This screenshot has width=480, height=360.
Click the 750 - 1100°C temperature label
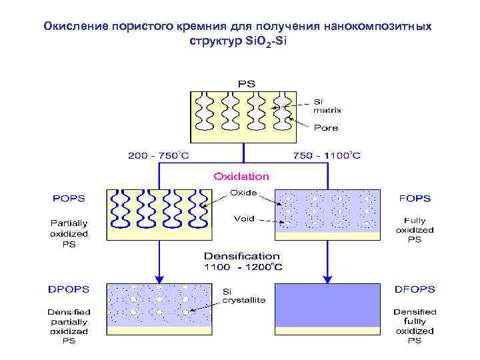point(327,156)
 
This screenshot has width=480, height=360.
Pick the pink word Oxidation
point(241,177)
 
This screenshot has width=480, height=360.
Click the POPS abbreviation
point(69,198)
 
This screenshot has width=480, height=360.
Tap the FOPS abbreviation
point(414,198)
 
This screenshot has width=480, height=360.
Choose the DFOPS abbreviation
point(414,289)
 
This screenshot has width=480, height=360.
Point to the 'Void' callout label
point(244,219)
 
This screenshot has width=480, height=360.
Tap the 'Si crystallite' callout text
point(243,295)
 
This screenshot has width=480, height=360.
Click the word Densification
point(241,256)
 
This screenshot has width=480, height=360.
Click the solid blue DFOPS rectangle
point(327,305)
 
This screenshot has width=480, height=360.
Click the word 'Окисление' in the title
point(75,27)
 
